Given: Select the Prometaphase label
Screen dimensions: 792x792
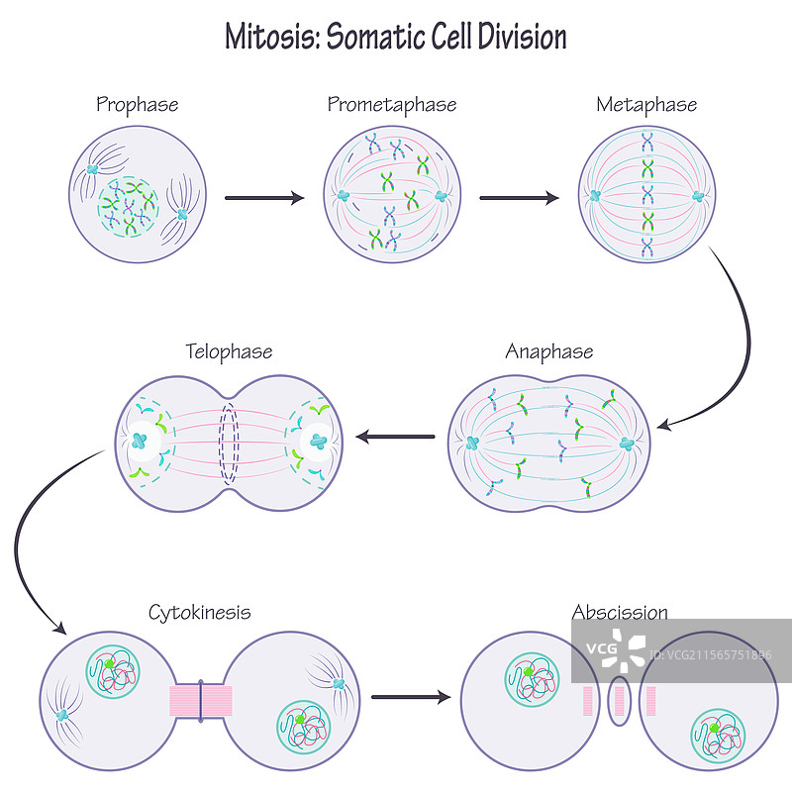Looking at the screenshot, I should pos(392,104).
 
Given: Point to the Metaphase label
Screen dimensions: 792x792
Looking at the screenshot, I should pos(646,104).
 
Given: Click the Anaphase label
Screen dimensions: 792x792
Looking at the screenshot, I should pos(549,351).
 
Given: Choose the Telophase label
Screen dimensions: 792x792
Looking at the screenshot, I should pos(229,351).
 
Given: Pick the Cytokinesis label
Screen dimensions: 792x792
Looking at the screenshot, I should pos(200,613).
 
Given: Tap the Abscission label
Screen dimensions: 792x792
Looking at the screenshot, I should pos(620,613).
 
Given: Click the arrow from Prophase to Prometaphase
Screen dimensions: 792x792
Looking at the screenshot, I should pos(264,198).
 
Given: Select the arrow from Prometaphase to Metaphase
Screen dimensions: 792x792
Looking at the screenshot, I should pos(519,198).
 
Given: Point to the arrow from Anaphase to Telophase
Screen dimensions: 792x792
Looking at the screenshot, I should pos(395,437).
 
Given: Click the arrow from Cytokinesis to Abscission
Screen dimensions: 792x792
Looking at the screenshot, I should pos(410,697).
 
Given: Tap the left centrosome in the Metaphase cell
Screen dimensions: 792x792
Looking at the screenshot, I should pos(595,195).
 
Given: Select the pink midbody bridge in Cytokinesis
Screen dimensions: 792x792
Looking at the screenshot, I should pos(200,701).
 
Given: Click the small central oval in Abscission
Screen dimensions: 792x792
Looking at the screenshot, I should pos(620,700).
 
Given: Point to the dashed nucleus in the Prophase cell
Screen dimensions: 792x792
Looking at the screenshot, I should pos(128,207).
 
